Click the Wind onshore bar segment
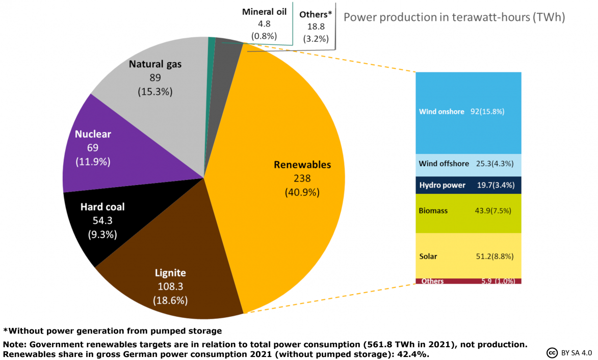coord(468,112)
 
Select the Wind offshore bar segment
coord(468,164)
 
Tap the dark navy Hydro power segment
coord(468,185)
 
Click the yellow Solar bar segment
coord(468,255)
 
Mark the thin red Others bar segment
coord(468,281)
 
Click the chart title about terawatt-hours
coord(454,17)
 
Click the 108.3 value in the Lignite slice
coord(170,287)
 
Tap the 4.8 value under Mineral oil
coord(264,23)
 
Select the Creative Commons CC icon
coord(551,352)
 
